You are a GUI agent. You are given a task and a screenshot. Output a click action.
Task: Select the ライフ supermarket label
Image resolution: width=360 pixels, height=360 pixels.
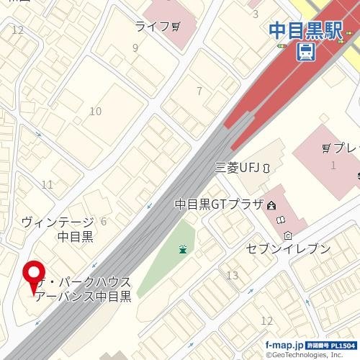coord(152,27)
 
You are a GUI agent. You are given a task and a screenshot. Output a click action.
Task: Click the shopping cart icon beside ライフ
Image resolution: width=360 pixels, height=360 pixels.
coord(175,27)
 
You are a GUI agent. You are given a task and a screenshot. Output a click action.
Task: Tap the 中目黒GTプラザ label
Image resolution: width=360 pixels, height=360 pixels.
coord(220,204)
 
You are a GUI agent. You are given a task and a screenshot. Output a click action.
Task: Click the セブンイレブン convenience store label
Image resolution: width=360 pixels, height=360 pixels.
coord(288,249)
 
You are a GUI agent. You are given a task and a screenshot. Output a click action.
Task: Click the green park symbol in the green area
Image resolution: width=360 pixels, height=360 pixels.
coord(183,250)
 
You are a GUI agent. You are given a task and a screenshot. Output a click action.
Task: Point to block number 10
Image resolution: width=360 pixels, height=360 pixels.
coord(95,111)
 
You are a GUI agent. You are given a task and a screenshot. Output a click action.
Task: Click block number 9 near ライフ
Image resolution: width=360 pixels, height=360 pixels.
coord(135,48)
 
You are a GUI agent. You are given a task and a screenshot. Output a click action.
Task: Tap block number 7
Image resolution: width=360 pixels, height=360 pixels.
coord(199,91)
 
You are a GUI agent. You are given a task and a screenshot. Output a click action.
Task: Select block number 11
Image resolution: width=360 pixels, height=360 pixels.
coord(48,185)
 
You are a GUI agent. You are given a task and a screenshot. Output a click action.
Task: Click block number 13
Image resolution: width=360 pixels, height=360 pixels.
coord(232,276)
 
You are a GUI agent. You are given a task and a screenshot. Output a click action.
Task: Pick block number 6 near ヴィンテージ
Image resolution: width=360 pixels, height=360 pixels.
coord(104,221)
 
